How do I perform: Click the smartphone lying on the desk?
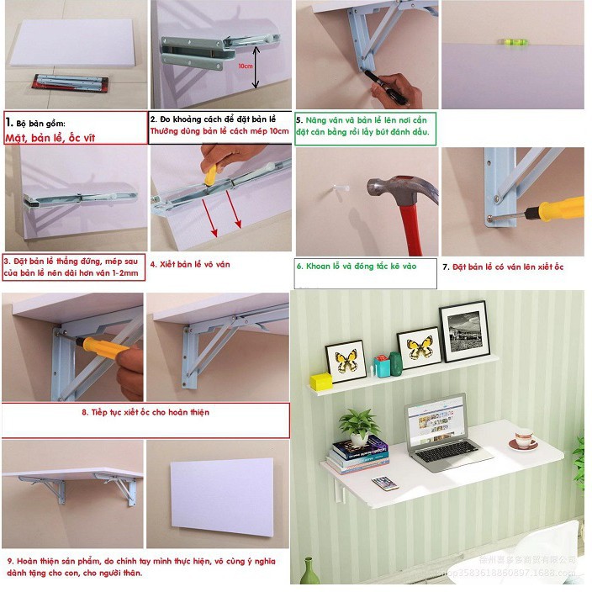coord(384,483)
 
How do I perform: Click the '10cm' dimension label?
coord(246,65)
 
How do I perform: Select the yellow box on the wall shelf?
coord(320,381)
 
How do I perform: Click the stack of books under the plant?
coord(360,455)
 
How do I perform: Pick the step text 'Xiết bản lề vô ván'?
coord(189,264)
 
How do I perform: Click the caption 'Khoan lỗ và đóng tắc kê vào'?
coord(357,265)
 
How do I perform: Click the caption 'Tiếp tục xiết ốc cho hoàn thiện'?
coord(145,413)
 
